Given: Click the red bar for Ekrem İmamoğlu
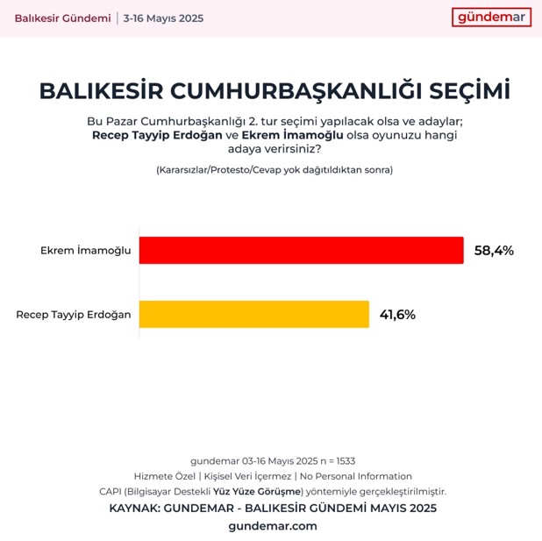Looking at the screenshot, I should (301, 250).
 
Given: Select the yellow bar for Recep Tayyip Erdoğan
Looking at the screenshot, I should (254, 315).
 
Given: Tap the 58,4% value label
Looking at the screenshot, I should (494, 251).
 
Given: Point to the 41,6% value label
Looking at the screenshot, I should (397, 315).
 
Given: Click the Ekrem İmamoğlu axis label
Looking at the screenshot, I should (85, 251).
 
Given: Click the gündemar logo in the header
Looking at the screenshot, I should (492, 18).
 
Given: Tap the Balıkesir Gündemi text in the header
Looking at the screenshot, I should (62, 18).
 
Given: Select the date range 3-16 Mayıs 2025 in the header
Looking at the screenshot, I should (163, 18).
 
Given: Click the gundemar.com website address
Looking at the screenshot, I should (272, 526).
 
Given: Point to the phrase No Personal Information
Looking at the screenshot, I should (356, 476).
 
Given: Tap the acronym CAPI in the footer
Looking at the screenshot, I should (111, 491).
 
